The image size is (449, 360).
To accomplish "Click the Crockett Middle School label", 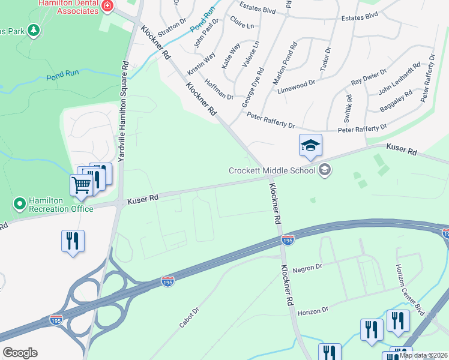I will [x=272, y=170].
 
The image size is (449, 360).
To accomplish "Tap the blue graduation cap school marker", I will [x=310, y=146].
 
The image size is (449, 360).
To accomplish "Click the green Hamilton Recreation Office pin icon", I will [x=19, y=205].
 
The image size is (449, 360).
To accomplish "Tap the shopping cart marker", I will [x=81, y=185].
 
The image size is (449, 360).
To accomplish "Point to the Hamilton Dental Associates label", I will [x=71, y=6].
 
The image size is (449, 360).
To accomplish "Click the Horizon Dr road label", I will [x=313, y=310].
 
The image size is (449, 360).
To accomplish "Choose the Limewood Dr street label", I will [x=296, y=86].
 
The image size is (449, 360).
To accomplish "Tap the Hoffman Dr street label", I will [x=218, y=89].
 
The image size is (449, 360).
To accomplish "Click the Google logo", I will [x=20, y=353].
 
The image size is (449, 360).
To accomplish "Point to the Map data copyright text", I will [x=423, y=355].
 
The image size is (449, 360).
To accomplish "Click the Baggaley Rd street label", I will [x=396, y=101].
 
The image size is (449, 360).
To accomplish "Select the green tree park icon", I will [x=34, y=30].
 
